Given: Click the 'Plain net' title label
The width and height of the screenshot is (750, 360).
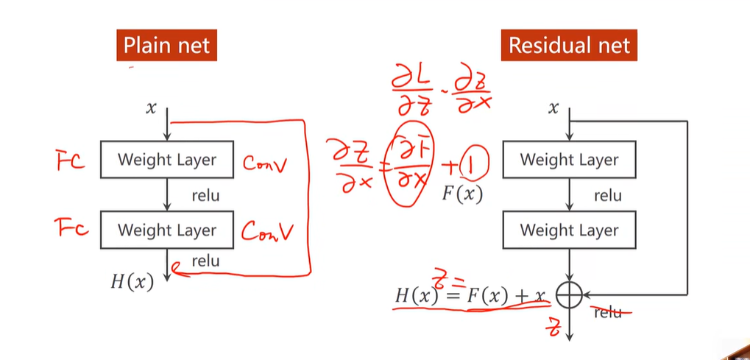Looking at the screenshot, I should pyautogui.click(x=166, y=46).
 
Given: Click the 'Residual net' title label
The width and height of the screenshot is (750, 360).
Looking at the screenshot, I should pyautogui.click(x=570, y=46).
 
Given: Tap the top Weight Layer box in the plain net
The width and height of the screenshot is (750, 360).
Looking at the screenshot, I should pyautogui.click(x=167, y=159).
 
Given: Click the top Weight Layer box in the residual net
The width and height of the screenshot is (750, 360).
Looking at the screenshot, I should pyautogui.click(x=569, y=159).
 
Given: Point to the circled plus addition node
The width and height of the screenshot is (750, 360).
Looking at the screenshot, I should pyautogui.click(x=569, y=295).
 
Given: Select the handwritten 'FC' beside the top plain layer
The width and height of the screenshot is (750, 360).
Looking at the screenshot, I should pyautogui.click(x=70, y=160).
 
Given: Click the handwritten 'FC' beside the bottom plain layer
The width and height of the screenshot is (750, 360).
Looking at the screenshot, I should pyautogui.click(x=71, y=229).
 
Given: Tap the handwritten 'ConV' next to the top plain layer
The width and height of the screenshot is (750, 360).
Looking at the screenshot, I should pyautogui.click(x=266, y=163).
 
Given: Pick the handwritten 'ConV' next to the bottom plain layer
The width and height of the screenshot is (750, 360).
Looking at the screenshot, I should pyautogui.click(x=267, y=232).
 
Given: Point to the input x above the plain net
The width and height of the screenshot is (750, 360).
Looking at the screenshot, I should pyautogui.click(x=152, y=108).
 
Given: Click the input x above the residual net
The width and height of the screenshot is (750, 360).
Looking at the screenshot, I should pyautogui.click(x=553, y=108).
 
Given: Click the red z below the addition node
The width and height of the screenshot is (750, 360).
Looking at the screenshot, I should pyautogui.click(x=556, y=327).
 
